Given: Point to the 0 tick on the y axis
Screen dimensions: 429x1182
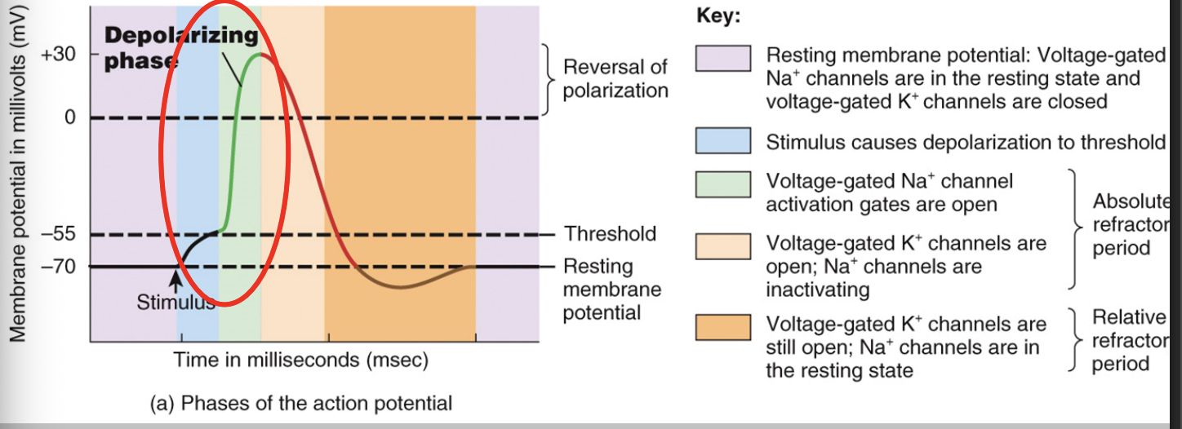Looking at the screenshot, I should point(70,118).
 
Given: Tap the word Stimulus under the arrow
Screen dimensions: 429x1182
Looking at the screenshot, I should point(175,303).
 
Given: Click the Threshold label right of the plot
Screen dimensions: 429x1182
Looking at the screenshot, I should point(610,234).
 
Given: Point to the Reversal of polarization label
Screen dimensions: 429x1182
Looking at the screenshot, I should point(615,78).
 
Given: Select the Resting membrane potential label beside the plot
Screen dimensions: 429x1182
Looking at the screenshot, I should point(611,290).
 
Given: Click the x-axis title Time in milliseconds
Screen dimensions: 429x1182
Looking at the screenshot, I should point(300,360).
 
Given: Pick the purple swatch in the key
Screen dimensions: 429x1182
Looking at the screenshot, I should point(722,59).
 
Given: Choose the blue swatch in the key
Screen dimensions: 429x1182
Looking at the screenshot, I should point(722,141).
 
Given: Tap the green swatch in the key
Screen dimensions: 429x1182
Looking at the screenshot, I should point(722,184).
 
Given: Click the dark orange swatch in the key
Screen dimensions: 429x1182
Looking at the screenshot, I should point(722,327).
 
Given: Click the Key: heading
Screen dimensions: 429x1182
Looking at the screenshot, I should point(718,16).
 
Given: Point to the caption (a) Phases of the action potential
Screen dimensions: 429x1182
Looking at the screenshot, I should point(300,403).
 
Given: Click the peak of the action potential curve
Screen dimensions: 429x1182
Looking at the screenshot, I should point(260,54).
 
